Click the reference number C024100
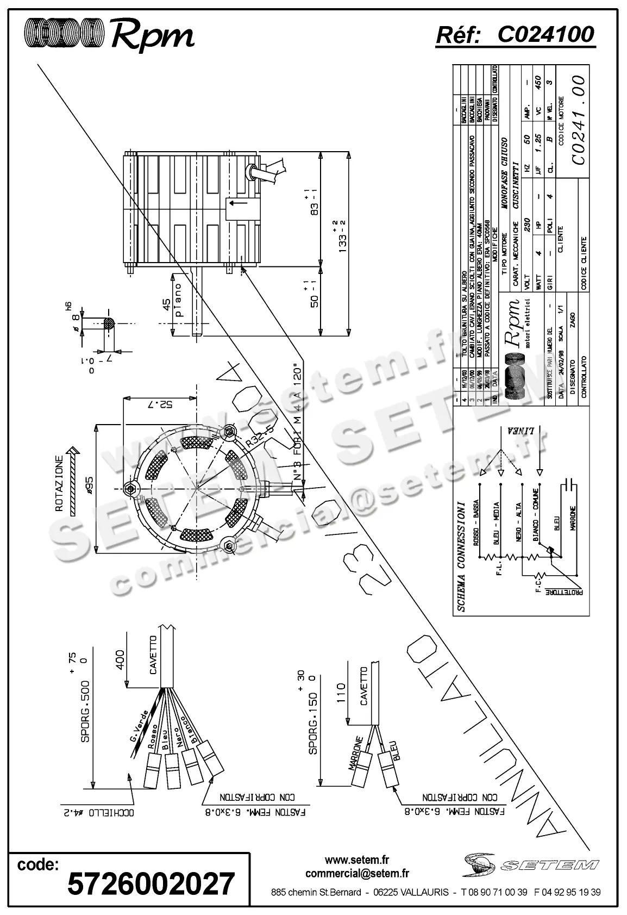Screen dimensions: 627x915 coord(546,35)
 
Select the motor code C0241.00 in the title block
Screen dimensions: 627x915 coord(578,121)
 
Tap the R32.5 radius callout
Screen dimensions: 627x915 coord(258,437)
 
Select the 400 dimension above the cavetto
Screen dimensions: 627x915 coord(120,659)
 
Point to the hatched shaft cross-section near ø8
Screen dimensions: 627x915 coord(109,324)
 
